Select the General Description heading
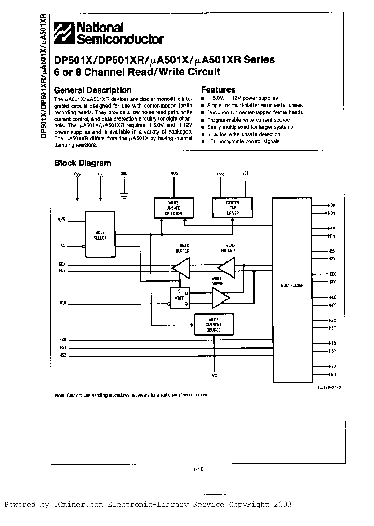tap(93, 90)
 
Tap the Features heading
tap(218, 89)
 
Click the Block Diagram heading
tap(83, 163)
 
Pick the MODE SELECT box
tap(100, 234)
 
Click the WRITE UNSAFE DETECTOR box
tap(173, 208)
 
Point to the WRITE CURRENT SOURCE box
tap(213, 325)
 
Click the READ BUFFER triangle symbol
tap(181, 268)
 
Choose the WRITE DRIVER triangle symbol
tap(221, 298)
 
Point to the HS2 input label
tap(63, 356)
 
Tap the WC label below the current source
tap(213, 374)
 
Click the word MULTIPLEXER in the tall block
tap(292, 286)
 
